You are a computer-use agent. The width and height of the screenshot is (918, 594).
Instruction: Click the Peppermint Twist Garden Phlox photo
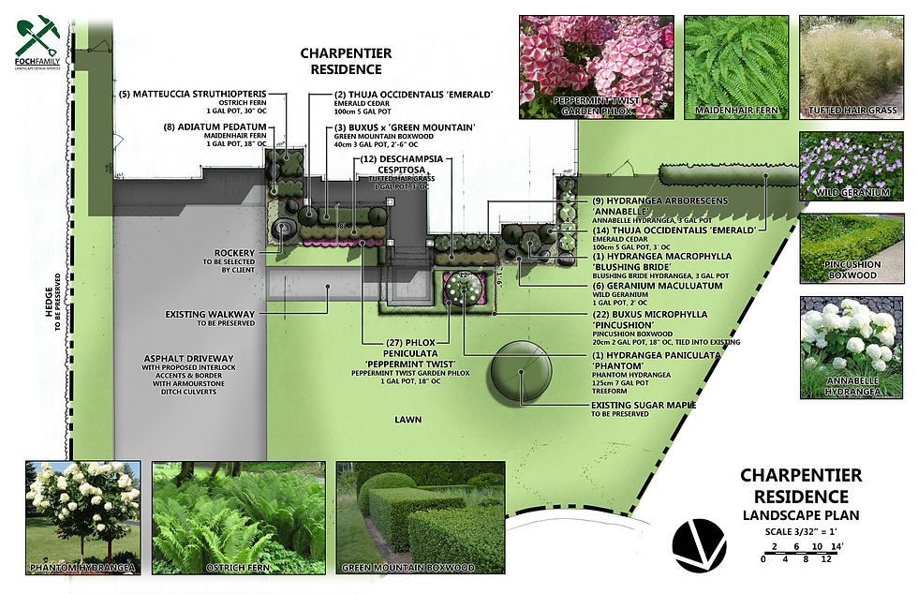pyautogui.click(x=596, y=66)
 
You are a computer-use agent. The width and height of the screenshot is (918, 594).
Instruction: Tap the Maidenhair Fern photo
pyautogui.click(x=733, y=66)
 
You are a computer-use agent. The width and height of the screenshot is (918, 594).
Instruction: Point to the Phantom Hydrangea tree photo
pyautogui.click(x=83, y=517)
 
